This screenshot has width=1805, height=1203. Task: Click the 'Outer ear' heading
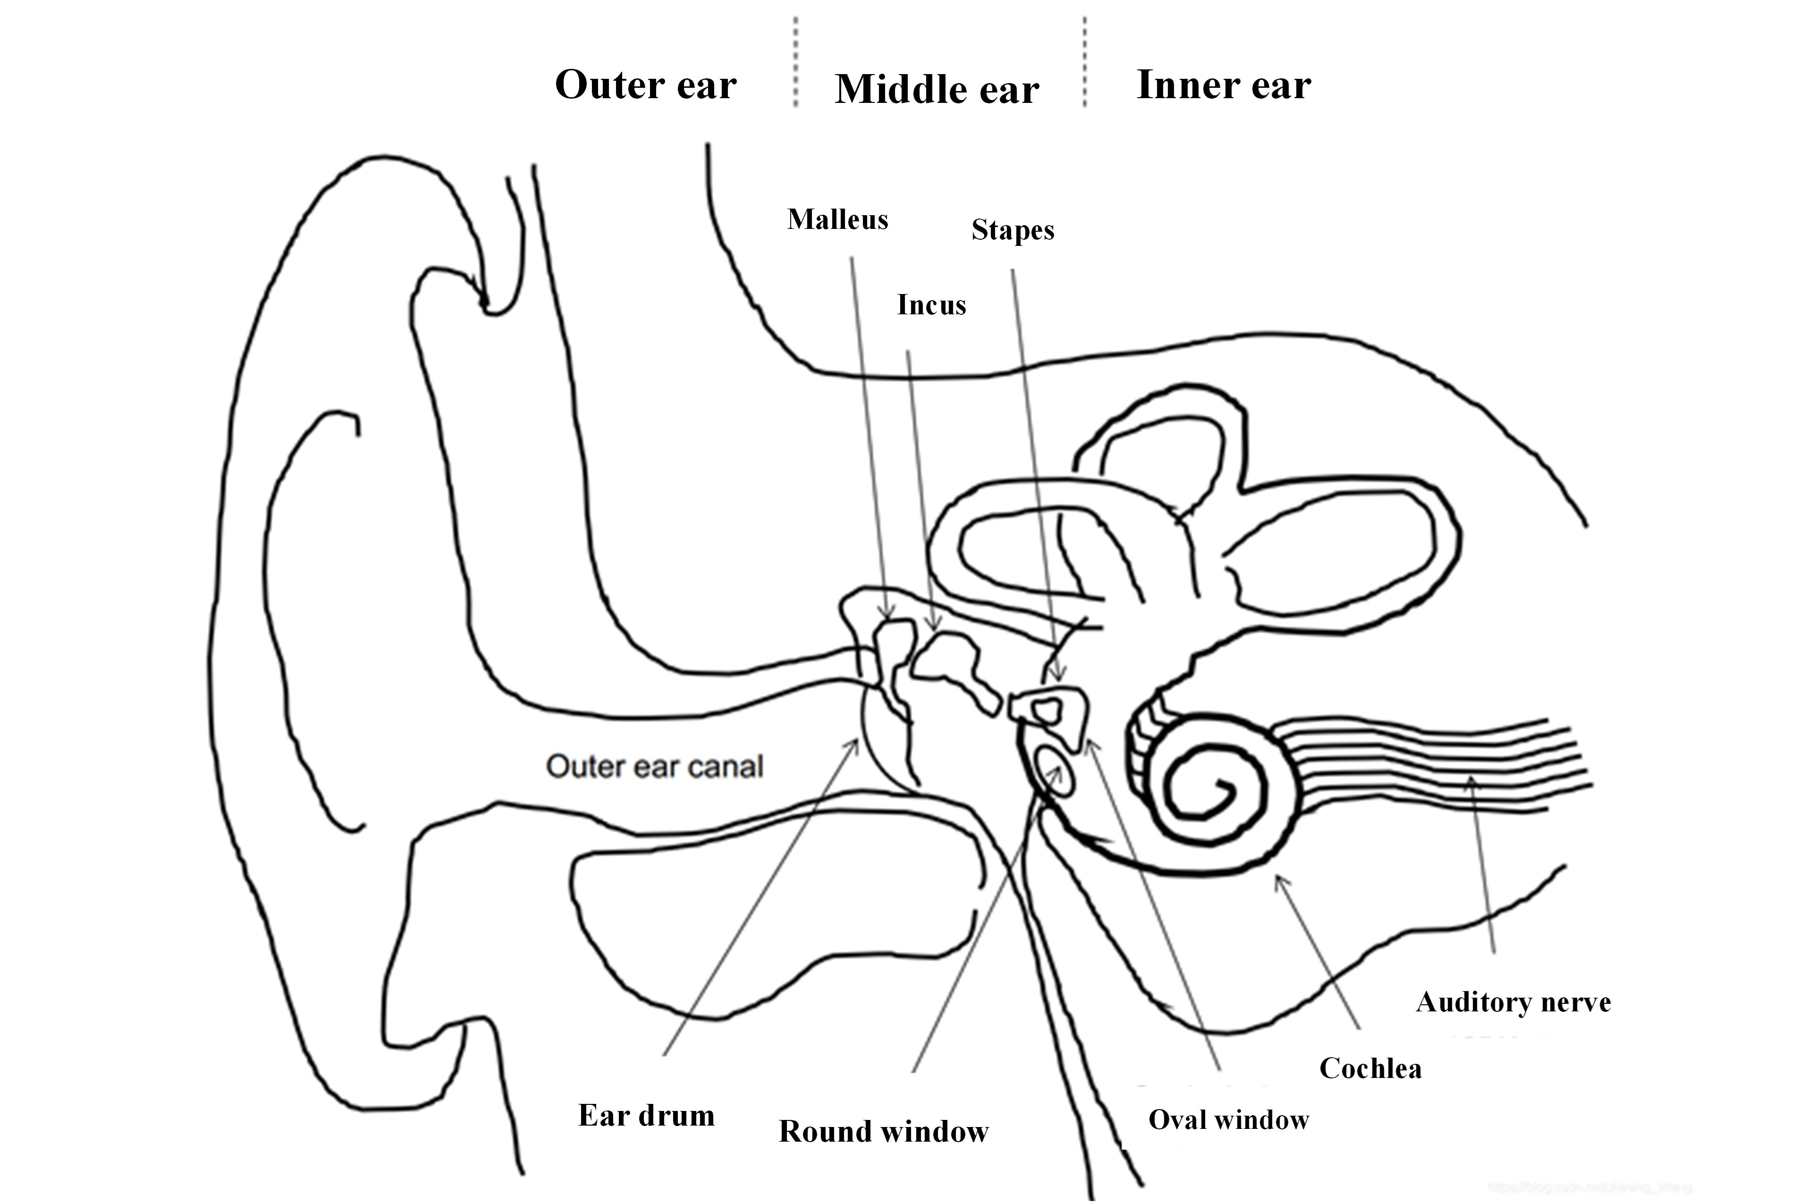645,84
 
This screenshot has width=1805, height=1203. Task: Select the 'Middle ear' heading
936,89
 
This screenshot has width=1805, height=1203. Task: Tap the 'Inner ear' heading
1223,84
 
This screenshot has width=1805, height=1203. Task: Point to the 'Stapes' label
1012,229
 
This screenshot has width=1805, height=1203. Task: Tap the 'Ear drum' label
646,1115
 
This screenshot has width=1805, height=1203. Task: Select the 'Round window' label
884,1131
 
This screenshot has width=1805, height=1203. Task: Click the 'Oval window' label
1228,1119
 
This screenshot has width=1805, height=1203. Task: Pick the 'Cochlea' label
1370,1068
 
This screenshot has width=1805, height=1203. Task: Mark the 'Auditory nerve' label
1513,1001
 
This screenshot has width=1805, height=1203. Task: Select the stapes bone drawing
1051,710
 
